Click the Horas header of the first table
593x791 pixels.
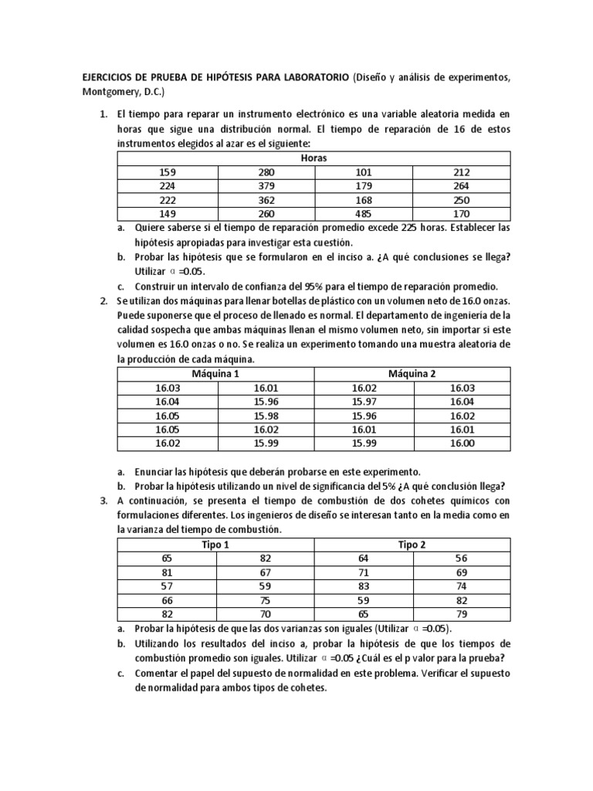tap(313, 158)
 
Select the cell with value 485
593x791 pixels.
tap(364, 214)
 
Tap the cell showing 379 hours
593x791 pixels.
tap(265, 186)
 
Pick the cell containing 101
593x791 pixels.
tap(364, 172)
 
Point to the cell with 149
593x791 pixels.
tap(167, 214)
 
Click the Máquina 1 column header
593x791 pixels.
tap(215, 373)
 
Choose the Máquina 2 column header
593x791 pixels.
tap(412, 373)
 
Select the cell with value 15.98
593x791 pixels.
tap(265, 416)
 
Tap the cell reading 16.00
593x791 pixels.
tap(462, 443)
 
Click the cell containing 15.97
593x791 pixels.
tap(364, 402)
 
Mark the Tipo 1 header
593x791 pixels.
tap(215, 545)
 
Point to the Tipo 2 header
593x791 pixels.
tap(412, 545)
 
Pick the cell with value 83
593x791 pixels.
tap(364, 587)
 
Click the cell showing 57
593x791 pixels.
tap(167, 587)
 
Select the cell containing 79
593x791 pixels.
tap(462, 615)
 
